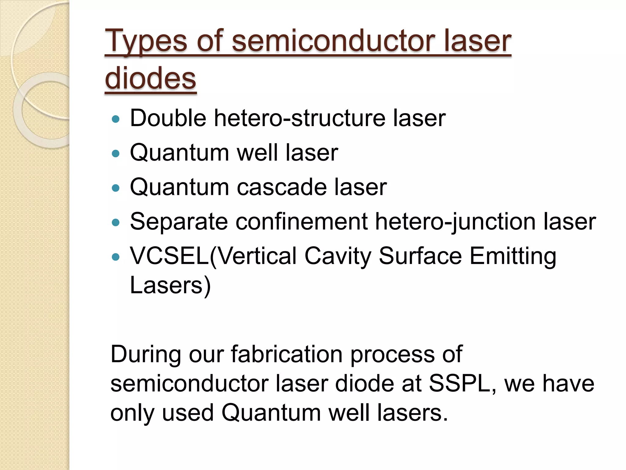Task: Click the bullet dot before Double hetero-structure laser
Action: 116,119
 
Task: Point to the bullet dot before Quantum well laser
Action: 116,153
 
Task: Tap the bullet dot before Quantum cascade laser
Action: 116,188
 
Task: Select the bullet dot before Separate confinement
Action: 116,222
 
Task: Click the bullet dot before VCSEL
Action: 116,257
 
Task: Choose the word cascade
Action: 282,187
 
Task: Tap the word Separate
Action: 179,222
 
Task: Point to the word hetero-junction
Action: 455,222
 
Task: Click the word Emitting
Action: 513,256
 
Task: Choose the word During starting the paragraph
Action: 145,354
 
